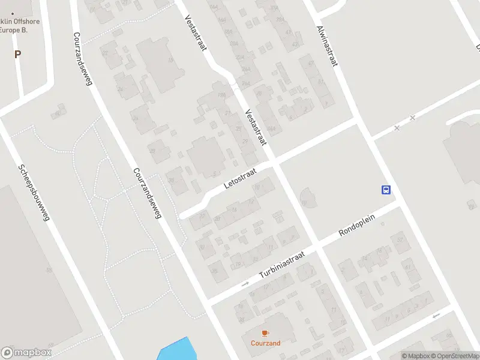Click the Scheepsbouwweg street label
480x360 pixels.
[x=32, y=194]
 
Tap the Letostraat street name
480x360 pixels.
[x=240, y=179]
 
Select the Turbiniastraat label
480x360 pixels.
[x=282, y=265]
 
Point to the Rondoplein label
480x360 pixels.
[x=356, y=224]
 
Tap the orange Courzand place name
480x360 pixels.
[x=265, y=344]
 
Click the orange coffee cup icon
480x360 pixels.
[x=265, y=333]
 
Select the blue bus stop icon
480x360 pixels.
[x=386, y=190]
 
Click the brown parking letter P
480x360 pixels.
[x=17, y=54]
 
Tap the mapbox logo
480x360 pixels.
[x=26, y=353]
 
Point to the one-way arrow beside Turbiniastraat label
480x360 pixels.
[x=245, y=284]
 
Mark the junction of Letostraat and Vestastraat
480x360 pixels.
[x=273, y=162]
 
